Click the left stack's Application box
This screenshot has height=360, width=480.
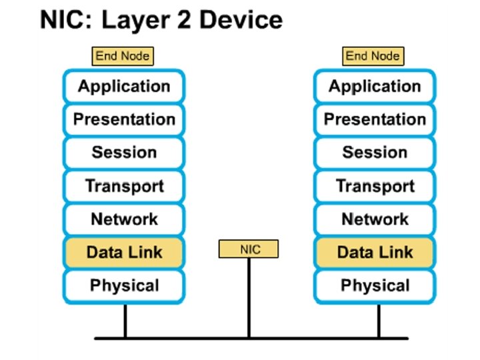124,86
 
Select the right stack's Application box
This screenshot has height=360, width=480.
375,86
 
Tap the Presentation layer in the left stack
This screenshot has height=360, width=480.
124,119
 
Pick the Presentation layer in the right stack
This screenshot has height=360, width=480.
375,119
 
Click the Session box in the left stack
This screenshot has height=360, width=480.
124,153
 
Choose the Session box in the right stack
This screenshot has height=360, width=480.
375,153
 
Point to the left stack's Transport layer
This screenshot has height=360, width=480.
124,186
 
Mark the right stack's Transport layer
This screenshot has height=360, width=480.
375,186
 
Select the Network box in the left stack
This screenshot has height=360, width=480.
124,219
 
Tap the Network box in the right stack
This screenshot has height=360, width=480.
375,219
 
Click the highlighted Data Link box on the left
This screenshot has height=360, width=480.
124,253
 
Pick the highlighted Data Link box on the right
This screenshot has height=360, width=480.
375,253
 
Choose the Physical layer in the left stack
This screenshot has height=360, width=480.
124,286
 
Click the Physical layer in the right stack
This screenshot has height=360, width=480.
375,286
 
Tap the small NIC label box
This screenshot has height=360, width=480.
249,250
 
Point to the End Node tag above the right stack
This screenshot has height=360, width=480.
373,56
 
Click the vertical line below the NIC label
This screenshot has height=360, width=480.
249,297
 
